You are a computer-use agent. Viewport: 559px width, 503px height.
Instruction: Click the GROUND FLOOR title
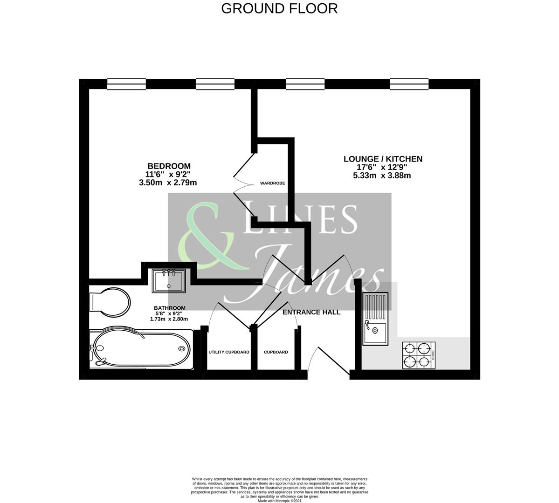point(279,8)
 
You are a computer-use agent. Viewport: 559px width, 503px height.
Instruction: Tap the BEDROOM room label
point(169,166)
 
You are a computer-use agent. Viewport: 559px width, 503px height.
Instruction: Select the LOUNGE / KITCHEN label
point(383,159)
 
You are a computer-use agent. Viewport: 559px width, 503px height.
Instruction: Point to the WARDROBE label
point(273,184)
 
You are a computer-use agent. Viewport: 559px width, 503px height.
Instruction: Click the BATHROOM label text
point(170,308)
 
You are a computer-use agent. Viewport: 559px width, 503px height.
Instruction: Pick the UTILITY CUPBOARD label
point(229,352)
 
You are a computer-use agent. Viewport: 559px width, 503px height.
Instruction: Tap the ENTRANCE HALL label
point(311,312)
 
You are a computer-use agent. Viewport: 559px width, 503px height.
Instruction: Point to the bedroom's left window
point(126,84)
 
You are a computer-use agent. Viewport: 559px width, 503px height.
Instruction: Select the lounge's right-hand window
point(409,84)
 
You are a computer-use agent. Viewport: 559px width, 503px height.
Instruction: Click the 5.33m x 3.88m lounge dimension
point(382,176)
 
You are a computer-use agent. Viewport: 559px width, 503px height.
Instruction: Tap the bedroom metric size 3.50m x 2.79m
point(168,183)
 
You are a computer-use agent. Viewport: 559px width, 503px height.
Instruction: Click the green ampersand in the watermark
point(210,238)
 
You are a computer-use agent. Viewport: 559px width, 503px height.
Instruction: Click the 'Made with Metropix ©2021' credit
point(280,501)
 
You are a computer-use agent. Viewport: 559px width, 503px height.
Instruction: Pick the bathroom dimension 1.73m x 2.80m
point(169,319)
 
